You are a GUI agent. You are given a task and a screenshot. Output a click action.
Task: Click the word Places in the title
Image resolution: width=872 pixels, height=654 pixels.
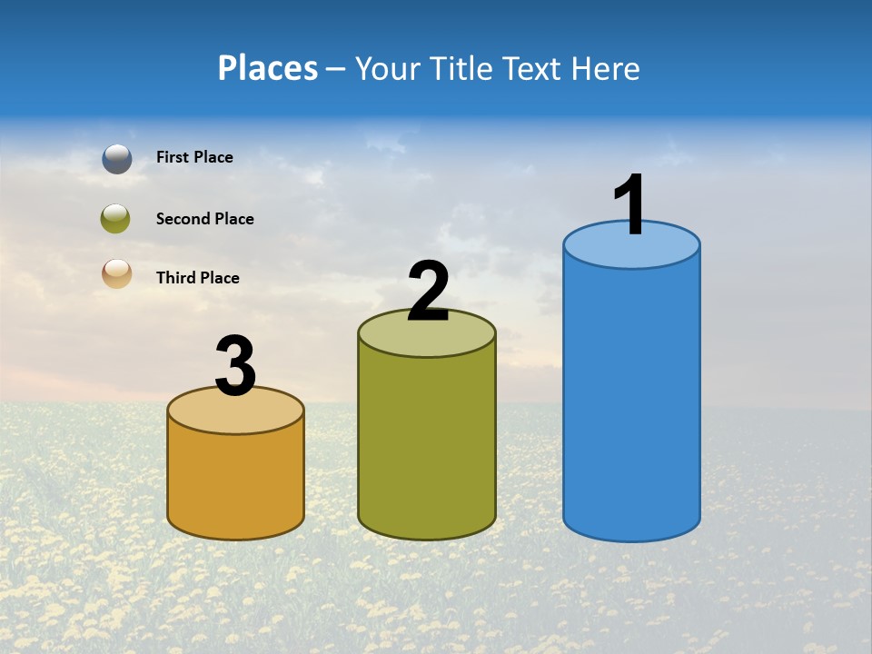tap(268, 68)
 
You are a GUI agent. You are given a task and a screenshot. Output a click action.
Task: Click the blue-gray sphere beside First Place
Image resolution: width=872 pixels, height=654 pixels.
tap(117, 158)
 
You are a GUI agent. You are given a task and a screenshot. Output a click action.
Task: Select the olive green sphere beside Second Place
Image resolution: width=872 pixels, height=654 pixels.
tap(115, 218)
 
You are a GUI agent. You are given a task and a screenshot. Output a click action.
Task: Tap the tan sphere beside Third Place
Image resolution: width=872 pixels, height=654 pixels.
tap(117, 273)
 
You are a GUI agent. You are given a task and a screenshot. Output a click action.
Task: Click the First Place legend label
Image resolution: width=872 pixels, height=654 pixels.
tap(194, 157)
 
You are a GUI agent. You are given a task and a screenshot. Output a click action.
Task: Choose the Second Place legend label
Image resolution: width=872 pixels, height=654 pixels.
tap(204, 219)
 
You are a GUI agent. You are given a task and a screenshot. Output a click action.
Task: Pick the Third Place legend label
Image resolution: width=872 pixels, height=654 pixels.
tap(197, 278)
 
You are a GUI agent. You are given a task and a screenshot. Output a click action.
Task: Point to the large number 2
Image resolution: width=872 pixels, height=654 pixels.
tap(428, 292)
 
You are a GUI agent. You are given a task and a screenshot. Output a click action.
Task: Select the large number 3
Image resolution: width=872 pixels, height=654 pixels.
tap(236, 367)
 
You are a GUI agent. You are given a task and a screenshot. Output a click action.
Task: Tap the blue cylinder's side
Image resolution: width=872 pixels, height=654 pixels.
tap(631, 400)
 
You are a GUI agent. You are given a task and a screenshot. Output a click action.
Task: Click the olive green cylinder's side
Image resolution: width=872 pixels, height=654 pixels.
tap(426, 445)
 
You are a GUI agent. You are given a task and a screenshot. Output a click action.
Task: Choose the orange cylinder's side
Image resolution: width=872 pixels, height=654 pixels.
tap(235, 481)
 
